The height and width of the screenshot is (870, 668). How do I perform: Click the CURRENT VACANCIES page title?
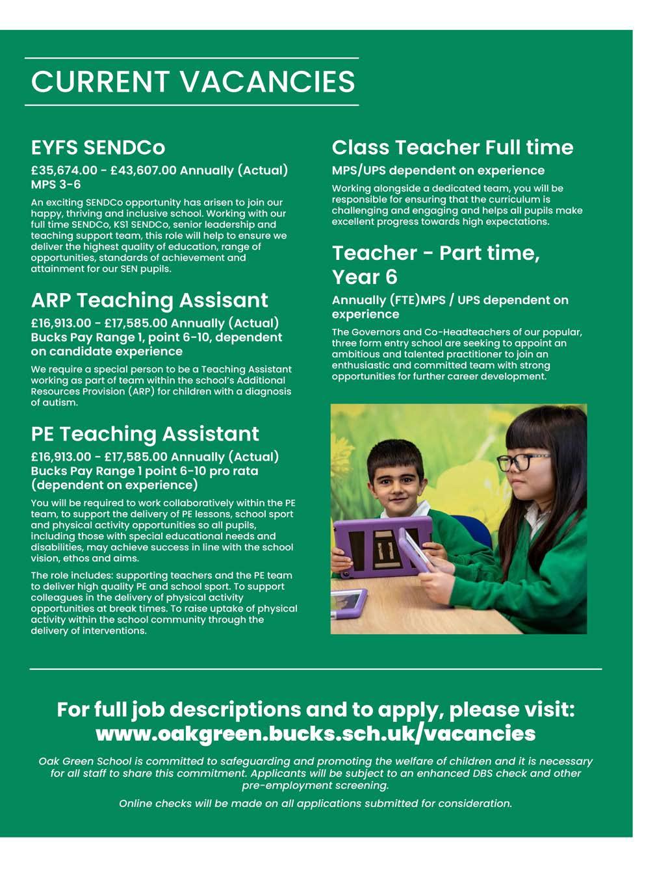point(193,82)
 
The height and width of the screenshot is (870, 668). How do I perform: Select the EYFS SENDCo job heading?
point(98,147)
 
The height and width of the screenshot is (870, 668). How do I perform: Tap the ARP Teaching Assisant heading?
point(149,300)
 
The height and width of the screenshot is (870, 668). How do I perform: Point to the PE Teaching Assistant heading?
point(145,434)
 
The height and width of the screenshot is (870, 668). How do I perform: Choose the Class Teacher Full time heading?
point(452,147)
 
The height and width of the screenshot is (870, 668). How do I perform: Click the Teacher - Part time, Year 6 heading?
point(435,264)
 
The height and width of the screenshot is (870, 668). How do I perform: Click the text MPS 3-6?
point(56,185)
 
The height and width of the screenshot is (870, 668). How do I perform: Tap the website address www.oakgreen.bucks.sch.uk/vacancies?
point(316,734)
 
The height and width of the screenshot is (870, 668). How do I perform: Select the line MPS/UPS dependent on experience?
point(438,171)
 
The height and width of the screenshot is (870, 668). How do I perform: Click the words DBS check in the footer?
point(500,773)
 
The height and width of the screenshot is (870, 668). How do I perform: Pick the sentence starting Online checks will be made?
point(316,804)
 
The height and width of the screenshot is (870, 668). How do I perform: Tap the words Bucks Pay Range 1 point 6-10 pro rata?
point(144,471)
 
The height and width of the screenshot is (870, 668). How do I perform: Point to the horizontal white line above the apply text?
point(316,669)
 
